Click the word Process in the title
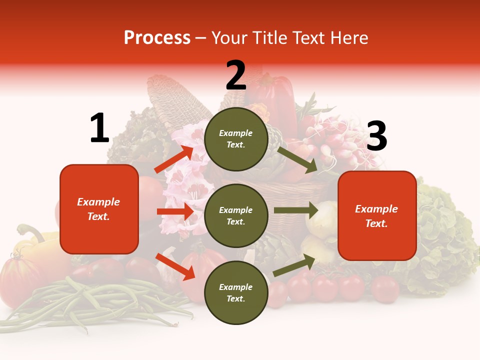click(157, 38)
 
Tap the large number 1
click(99, 128)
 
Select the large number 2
click(236, 75)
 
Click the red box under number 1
click(99, 209)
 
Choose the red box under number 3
click(377, 215)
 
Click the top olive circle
click(236, 139)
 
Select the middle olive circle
click(236, 215)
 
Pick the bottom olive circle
click(236, 292)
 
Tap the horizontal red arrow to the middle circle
click(175, 211)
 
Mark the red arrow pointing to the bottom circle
click(175, 266)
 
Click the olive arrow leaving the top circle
click(297, 159)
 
